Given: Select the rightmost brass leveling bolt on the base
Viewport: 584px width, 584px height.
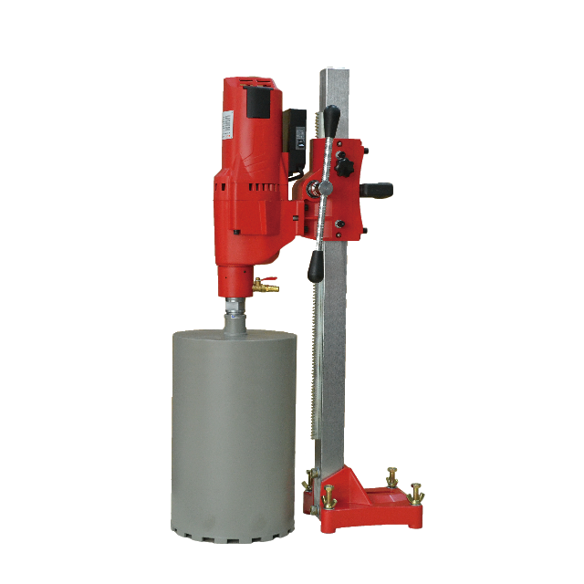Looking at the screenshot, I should point(417,493).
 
